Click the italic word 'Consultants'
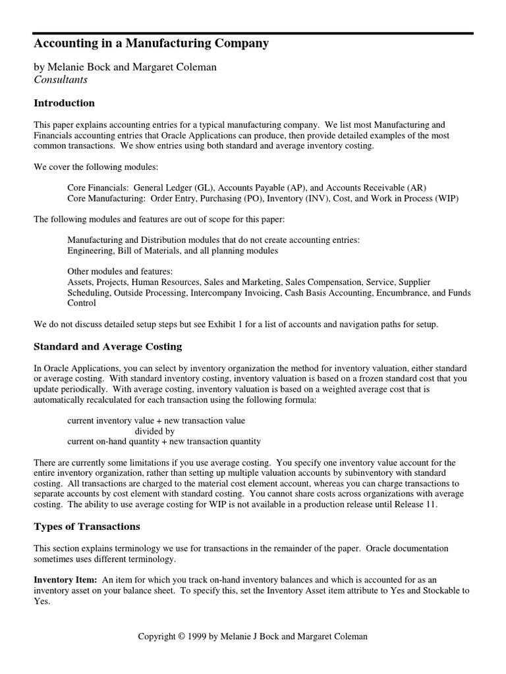(x=61, y=80)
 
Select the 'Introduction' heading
(x=65, y=103)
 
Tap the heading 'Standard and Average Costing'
(x=108, y=347)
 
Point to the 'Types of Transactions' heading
(x=87, y=527)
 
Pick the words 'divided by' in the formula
(x=154, y=431)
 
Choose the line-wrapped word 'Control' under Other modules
(x=82, y=303)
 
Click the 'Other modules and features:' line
(x=120, y=272)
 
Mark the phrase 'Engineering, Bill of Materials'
(x=121, y=251)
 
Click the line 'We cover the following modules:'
(x=96, y=167)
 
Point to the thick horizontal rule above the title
(x=253, y=33)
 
